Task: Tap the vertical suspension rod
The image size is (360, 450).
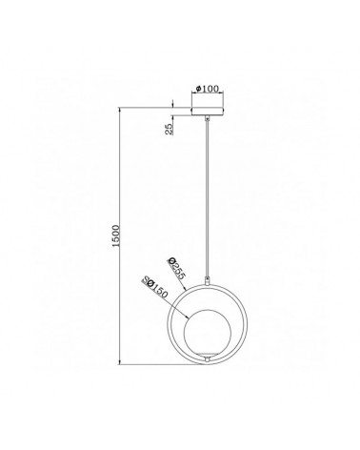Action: click(205, 191)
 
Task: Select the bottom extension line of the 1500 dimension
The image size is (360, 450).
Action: click(162, 365)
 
